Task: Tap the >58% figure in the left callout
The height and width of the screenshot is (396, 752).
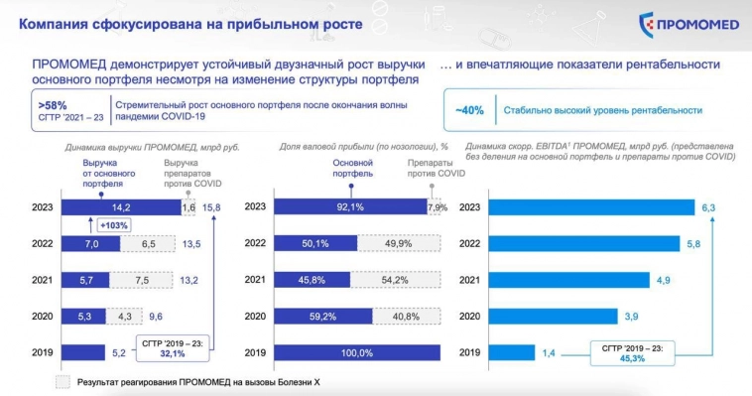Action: [53, 103]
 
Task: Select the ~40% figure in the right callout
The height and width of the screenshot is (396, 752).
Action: [469, 110]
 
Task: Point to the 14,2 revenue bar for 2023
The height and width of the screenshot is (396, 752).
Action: [120, 207]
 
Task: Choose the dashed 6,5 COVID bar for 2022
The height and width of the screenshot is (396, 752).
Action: [148, 243]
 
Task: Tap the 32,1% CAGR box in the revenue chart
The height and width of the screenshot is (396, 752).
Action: [174, 347]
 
